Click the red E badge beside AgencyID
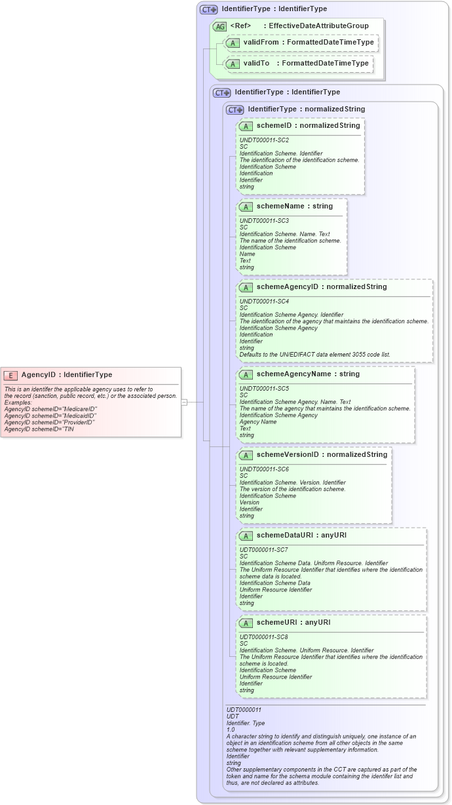pos(10,375)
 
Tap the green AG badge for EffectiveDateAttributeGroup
pos(219,26)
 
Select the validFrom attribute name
pos(260,43)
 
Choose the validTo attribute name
pos(257,64)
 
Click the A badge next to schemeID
pos(246,126)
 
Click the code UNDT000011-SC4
pos(264,302)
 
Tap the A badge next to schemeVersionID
pos(246,455)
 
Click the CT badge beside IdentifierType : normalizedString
pos(235,109)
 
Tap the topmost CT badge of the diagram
pos(209,10)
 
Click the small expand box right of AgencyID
pos(184,402)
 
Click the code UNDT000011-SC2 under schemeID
pos(264,140)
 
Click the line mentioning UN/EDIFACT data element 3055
pos(314,355)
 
